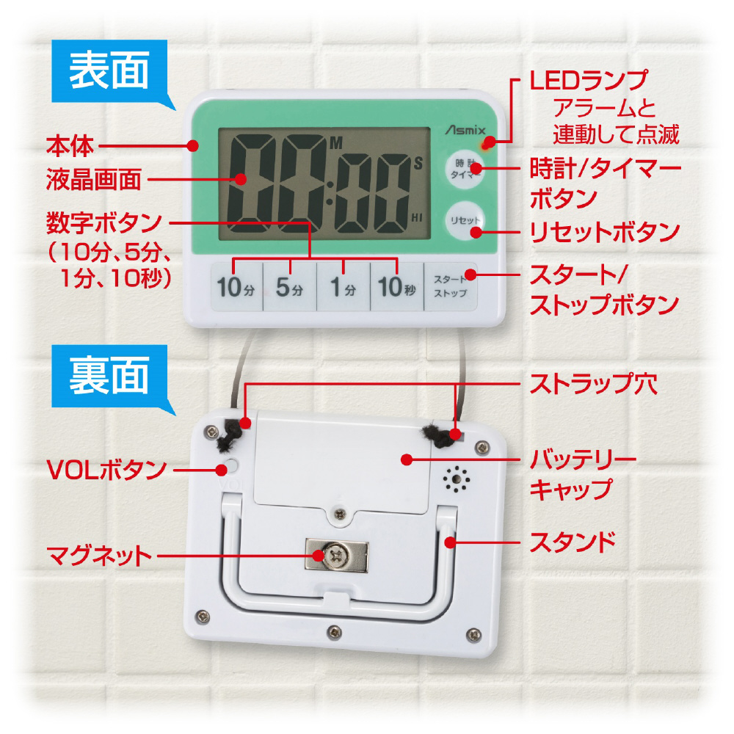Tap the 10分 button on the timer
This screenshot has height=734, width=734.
tap(236, 286)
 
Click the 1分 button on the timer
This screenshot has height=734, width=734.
tap(343, 286)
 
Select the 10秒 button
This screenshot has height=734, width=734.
tap(397, 286)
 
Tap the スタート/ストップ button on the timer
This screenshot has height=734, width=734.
tap(451, 286)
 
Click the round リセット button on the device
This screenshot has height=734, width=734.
tap(465, 220)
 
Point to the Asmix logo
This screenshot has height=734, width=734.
tap(465, 130)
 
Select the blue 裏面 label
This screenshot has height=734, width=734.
tap(109, 376)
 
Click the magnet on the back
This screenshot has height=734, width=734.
tap(337, 555)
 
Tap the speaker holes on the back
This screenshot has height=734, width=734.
tap(457, 479)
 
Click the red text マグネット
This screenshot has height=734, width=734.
tap(99, 556)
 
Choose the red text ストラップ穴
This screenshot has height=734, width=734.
tap(594, 384)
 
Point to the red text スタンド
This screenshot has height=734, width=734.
tap(573, 542)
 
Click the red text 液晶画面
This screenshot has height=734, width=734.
tap(94, 179)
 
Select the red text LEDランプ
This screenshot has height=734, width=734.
tap(589, 80)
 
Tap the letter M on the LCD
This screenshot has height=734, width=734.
tap(336, 143)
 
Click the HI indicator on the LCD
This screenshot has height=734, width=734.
tap(417, 218)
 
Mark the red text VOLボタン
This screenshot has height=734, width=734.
tap(106, 469)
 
